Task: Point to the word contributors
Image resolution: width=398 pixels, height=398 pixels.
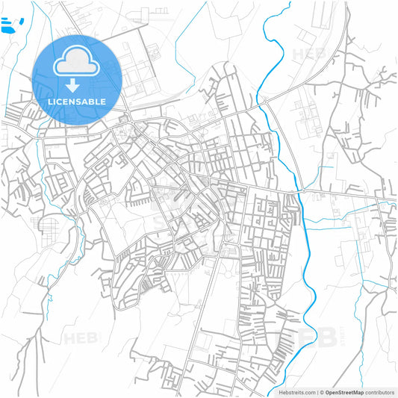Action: [380, 391]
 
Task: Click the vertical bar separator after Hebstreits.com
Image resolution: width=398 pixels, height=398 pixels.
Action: [316, 391]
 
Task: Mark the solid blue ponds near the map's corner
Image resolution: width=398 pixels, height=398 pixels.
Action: [9, 28]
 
